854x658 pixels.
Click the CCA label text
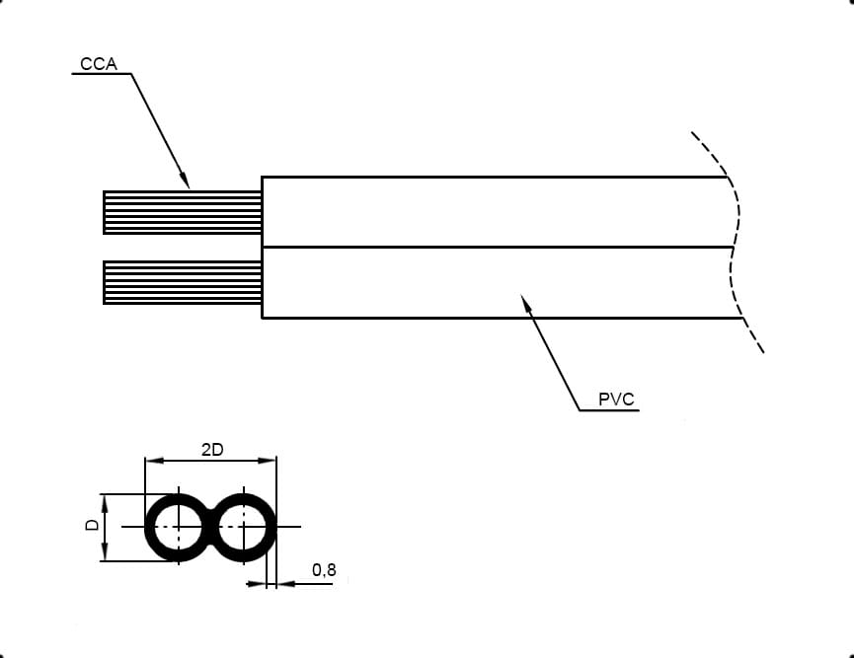[x=99, y=64]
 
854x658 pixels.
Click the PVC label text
[x=616, y=400]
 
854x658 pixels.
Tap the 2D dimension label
[x=212, y=450]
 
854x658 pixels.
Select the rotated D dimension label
[x=93, y=525]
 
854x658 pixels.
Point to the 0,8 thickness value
[x=324, y=570]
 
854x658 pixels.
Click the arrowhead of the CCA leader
[x=186, y=181]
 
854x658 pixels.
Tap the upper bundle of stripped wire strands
[x=183, y=212]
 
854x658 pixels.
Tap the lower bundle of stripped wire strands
[x=183, y=282]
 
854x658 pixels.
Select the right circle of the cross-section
[x=271, y=527]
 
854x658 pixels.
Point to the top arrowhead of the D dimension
[x=105, y=503]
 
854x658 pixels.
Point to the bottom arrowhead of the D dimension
[x=105, y=551]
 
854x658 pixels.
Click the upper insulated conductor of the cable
[x=497, y=212]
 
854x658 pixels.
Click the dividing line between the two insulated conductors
[x=498, y=248]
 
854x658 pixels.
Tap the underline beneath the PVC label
[x=609, y=409]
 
